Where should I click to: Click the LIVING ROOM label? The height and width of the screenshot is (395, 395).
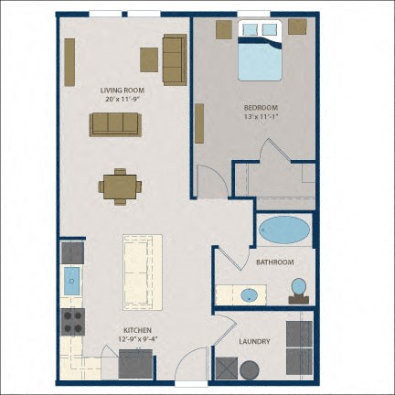[123, 91]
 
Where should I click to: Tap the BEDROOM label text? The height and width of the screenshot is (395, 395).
[261, 108]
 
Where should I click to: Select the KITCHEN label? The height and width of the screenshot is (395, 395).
[137, 330]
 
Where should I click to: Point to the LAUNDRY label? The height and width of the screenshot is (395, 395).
[254, 341]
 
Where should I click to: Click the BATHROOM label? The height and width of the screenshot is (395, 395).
[275, 262]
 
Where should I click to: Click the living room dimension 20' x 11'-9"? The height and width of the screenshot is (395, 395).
[123, 99]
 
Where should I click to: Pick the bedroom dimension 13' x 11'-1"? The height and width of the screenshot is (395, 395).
[261, 116]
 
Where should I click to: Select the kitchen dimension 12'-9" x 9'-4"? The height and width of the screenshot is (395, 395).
[137, 338]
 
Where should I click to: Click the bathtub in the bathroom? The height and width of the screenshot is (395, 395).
[284, 230]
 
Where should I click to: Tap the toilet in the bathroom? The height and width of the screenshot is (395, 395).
[299, 291]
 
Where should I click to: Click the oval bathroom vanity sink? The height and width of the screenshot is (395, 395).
[250, 295]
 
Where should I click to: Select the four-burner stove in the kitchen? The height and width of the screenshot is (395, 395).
[73, 322]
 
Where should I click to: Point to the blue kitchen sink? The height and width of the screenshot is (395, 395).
[72, 281]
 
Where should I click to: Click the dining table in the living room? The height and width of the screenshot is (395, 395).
[120, 187]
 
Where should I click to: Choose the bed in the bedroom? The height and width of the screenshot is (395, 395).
[260, 50]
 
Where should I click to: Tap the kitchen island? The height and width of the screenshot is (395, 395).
[143, 272]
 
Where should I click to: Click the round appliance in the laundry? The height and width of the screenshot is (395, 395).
[250, 370]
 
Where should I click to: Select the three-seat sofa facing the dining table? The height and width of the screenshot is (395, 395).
[115, 124]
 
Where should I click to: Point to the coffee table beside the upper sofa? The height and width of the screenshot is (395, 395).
[149, 59]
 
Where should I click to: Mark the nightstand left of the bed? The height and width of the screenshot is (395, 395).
[224, 29]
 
